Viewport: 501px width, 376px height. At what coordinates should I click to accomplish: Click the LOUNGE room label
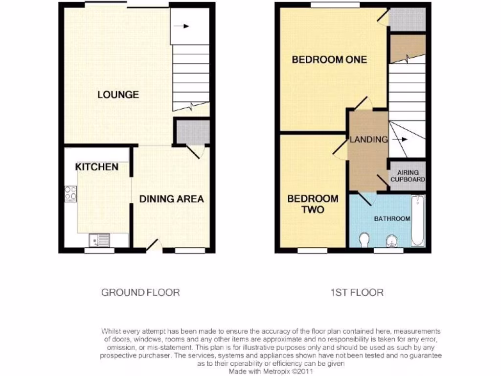[118, 94]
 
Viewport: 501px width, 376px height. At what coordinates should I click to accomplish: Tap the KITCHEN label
[96, 167]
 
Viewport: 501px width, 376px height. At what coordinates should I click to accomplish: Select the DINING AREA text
[171, 199]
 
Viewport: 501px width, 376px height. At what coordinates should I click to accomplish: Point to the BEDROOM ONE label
[329, 60]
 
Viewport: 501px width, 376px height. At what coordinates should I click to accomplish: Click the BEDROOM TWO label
[313, 204]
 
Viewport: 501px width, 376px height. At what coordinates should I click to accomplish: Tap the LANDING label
[368, 140]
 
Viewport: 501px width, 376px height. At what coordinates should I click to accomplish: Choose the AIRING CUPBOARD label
[408, 176]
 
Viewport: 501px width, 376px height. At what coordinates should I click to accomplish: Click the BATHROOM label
[392, 218]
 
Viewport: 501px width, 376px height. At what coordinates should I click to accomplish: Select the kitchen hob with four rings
[70, 194]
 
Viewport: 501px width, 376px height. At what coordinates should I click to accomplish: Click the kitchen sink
[99, 240]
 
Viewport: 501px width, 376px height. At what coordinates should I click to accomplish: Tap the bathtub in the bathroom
[417, 221]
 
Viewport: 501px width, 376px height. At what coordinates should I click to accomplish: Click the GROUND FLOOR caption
[140, 293]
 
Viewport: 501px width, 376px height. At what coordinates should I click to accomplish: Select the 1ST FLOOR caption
[356, 293]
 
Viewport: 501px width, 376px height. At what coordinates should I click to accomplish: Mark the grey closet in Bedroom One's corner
[407, 19]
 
